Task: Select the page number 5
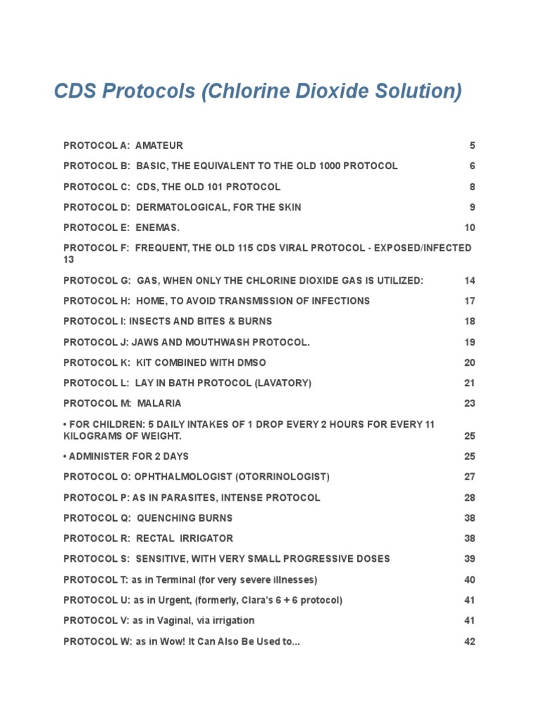(x=472, y=145)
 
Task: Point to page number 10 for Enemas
(x=470, y=227)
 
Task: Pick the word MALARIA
(x=159, y=403)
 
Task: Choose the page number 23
(x=470, y=403)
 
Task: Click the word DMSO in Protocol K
(x=253, y=362)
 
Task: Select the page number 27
(x=470, y=476)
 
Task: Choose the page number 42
(x=470, y=641)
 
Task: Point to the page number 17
(x=470, y=301)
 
